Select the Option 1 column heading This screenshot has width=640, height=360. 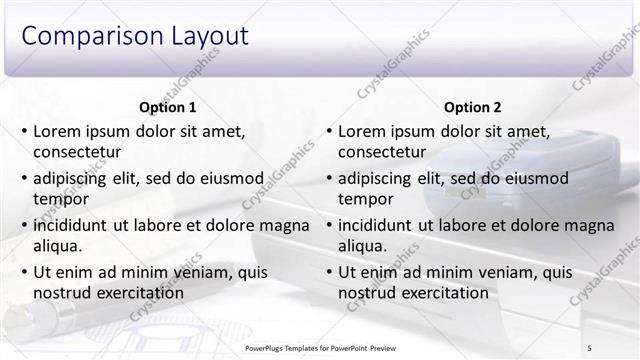[x=166, y=107]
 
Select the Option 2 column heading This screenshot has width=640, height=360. [x=472, y=107]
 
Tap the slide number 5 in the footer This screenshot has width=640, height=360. [x=590, y=346]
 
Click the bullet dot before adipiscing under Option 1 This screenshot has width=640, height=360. [x=24, y=178]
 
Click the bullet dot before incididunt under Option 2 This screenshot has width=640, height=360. [x=329, y=225]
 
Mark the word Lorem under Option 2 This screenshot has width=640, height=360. [x=361, y=131]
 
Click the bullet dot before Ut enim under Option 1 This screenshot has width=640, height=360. [x=24, y=272]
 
